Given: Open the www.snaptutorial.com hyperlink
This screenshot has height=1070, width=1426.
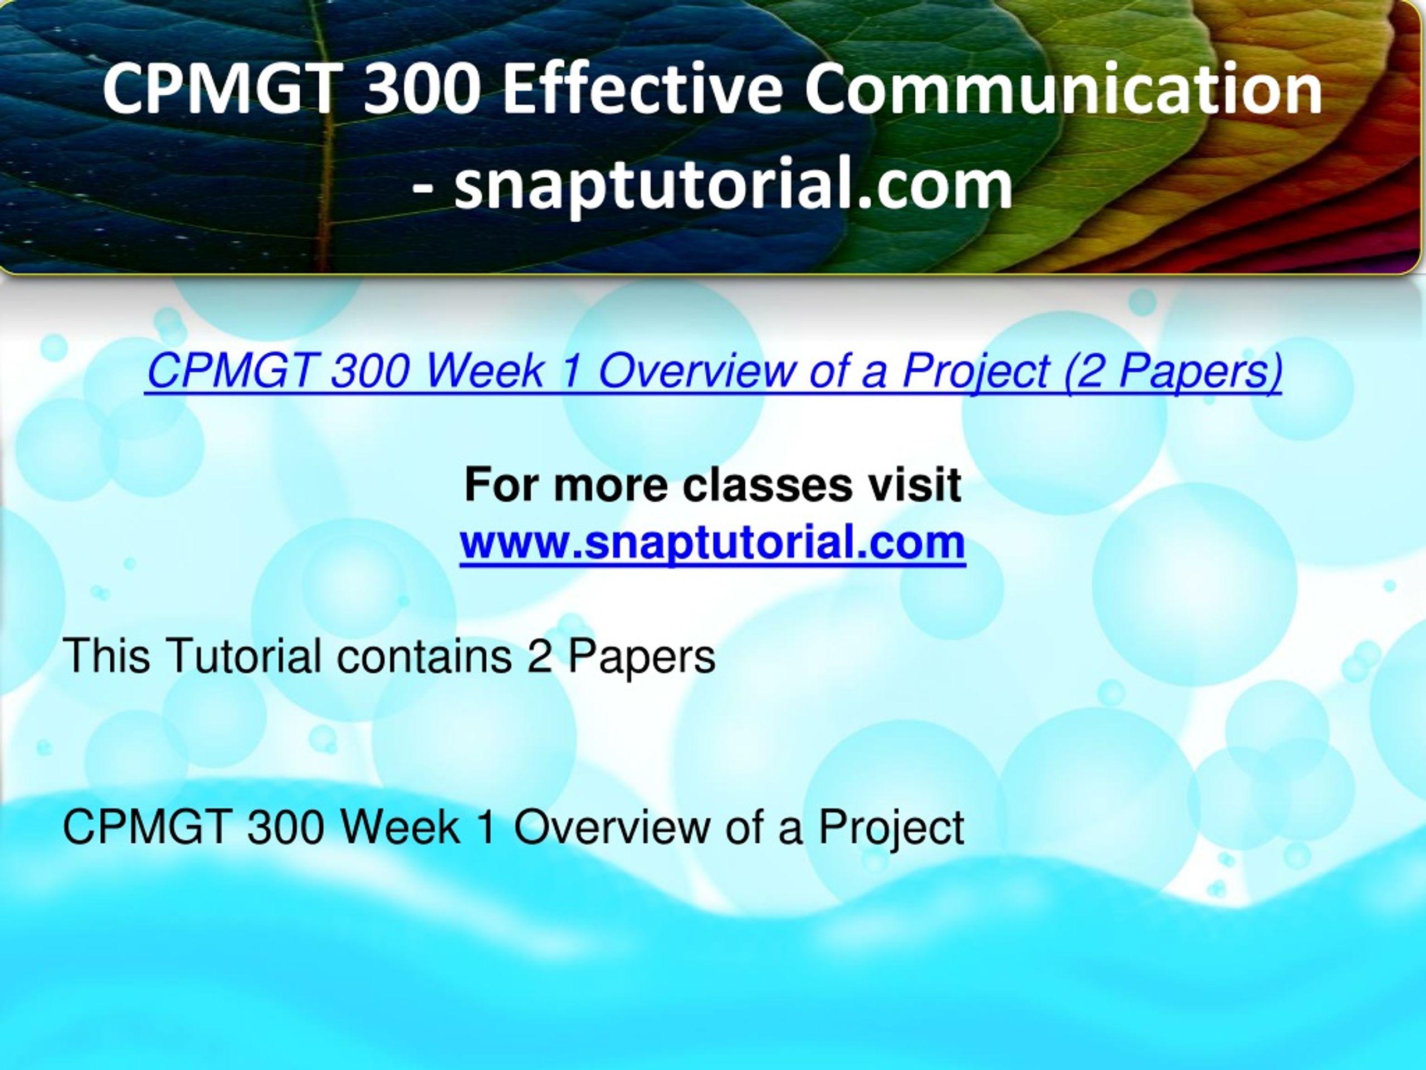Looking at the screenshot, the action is pyautogui.click(x=713, y=542).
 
